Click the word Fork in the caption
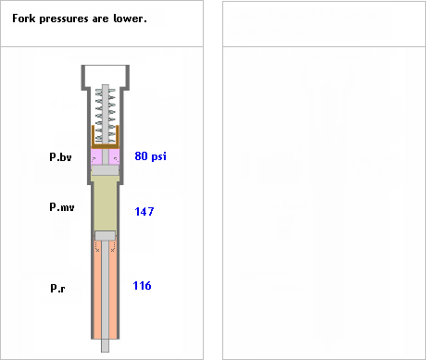(23, 19)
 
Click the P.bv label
(60, 157)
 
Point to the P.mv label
(62, 206)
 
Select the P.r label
(57, 288)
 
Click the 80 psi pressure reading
(150, 156)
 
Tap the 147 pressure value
(144, 212)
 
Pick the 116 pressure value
(142, 286)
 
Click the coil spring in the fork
(106, 116)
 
